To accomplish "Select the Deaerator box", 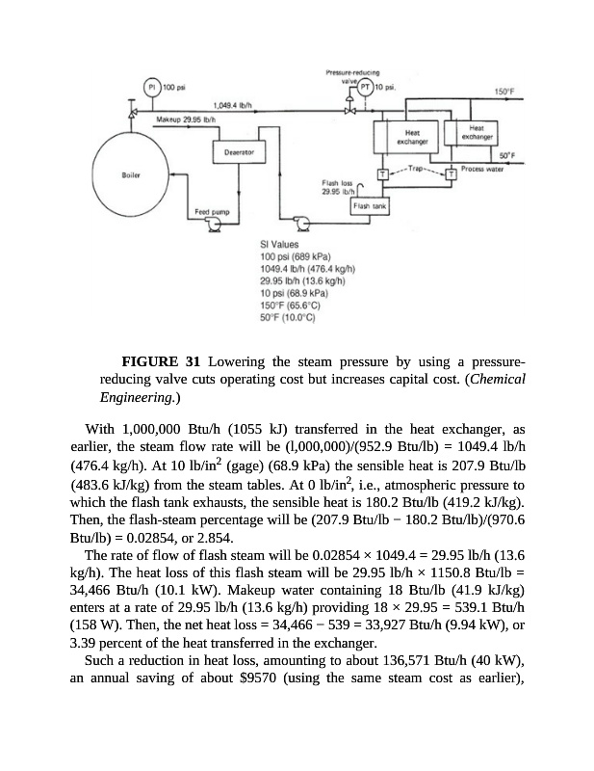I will (x=239, y=152).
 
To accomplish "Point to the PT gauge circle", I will (x=366, y=87).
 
